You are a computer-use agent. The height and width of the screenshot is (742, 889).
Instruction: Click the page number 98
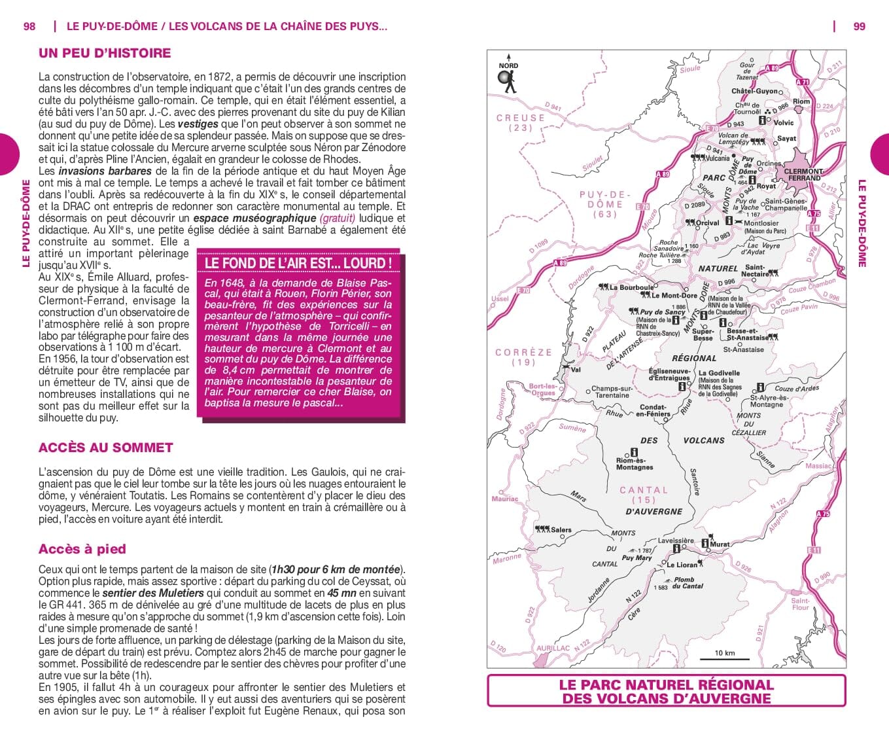(x=29, y=26)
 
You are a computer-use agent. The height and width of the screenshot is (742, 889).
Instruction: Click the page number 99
(x=859, y=26)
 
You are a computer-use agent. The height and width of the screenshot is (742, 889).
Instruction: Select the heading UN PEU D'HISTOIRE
(x=105, y=53)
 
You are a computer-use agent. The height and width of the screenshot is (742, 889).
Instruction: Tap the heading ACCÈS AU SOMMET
(x=106, y=448)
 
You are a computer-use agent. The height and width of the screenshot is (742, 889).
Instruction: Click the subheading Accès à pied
(x=82, y=549)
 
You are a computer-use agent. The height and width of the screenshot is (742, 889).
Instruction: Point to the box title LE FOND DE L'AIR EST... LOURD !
(x=298, y=263)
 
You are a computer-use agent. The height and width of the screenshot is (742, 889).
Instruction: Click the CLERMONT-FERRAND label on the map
(x=803, y=175)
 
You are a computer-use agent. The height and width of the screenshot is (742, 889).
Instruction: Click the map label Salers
(x=561, y=530)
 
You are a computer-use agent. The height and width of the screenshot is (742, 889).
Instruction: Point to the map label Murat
(x=720, y=544)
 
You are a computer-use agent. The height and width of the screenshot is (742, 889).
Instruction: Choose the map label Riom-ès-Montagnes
(x=634, y=464)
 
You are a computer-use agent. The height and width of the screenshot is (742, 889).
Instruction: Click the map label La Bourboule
(x=631, y=287)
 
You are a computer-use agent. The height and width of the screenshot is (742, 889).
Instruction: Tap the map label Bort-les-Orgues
(x=542, y=390)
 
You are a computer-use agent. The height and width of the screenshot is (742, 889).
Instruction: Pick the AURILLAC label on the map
(x=553, y=648)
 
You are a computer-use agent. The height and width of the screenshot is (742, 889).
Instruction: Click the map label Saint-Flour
(x=800, y=604)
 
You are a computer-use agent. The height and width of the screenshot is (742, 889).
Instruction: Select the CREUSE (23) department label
(x=521, y=122)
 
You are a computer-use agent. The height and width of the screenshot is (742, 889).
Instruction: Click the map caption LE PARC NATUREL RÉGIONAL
(x=666, y=685)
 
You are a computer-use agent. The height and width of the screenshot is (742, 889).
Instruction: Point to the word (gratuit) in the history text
(x=338, y=218)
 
